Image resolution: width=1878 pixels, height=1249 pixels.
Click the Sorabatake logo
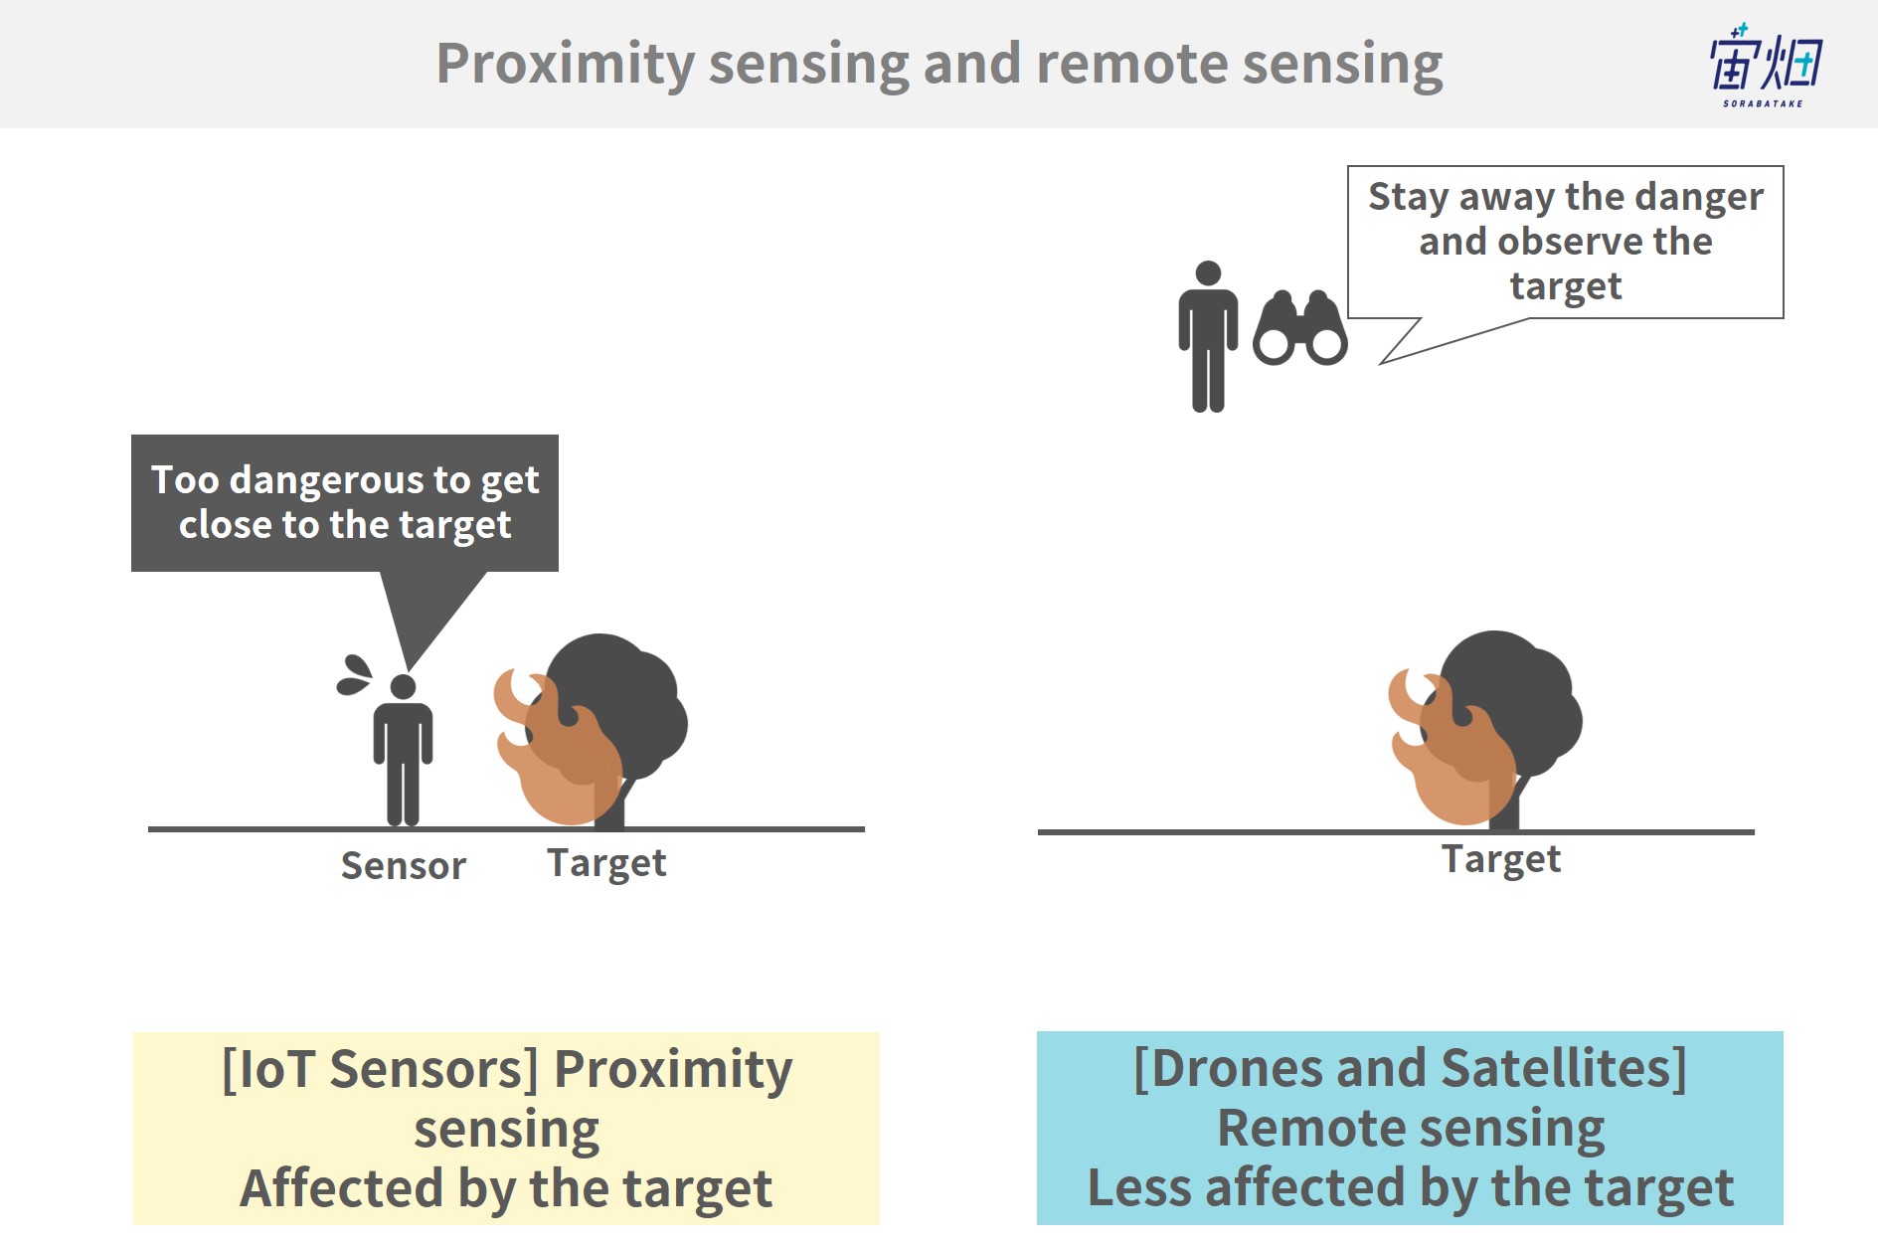(1766, 65)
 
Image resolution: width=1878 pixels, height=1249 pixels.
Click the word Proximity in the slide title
(566, 65)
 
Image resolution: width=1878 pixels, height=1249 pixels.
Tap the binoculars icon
(1300, 328)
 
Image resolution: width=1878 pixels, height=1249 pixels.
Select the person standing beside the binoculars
(1208, 336)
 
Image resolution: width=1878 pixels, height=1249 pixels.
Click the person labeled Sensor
(403, 750)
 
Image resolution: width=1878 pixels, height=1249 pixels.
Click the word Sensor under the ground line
(403, 866)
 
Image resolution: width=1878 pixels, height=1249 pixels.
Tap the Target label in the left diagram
(606, 864)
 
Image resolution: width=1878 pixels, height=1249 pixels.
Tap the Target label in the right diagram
(1501, 860)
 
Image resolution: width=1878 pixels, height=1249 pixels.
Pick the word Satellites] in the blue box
(1564, 1069)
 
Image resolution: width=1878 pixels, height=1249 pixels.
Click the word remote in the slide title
(1131, 65)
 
